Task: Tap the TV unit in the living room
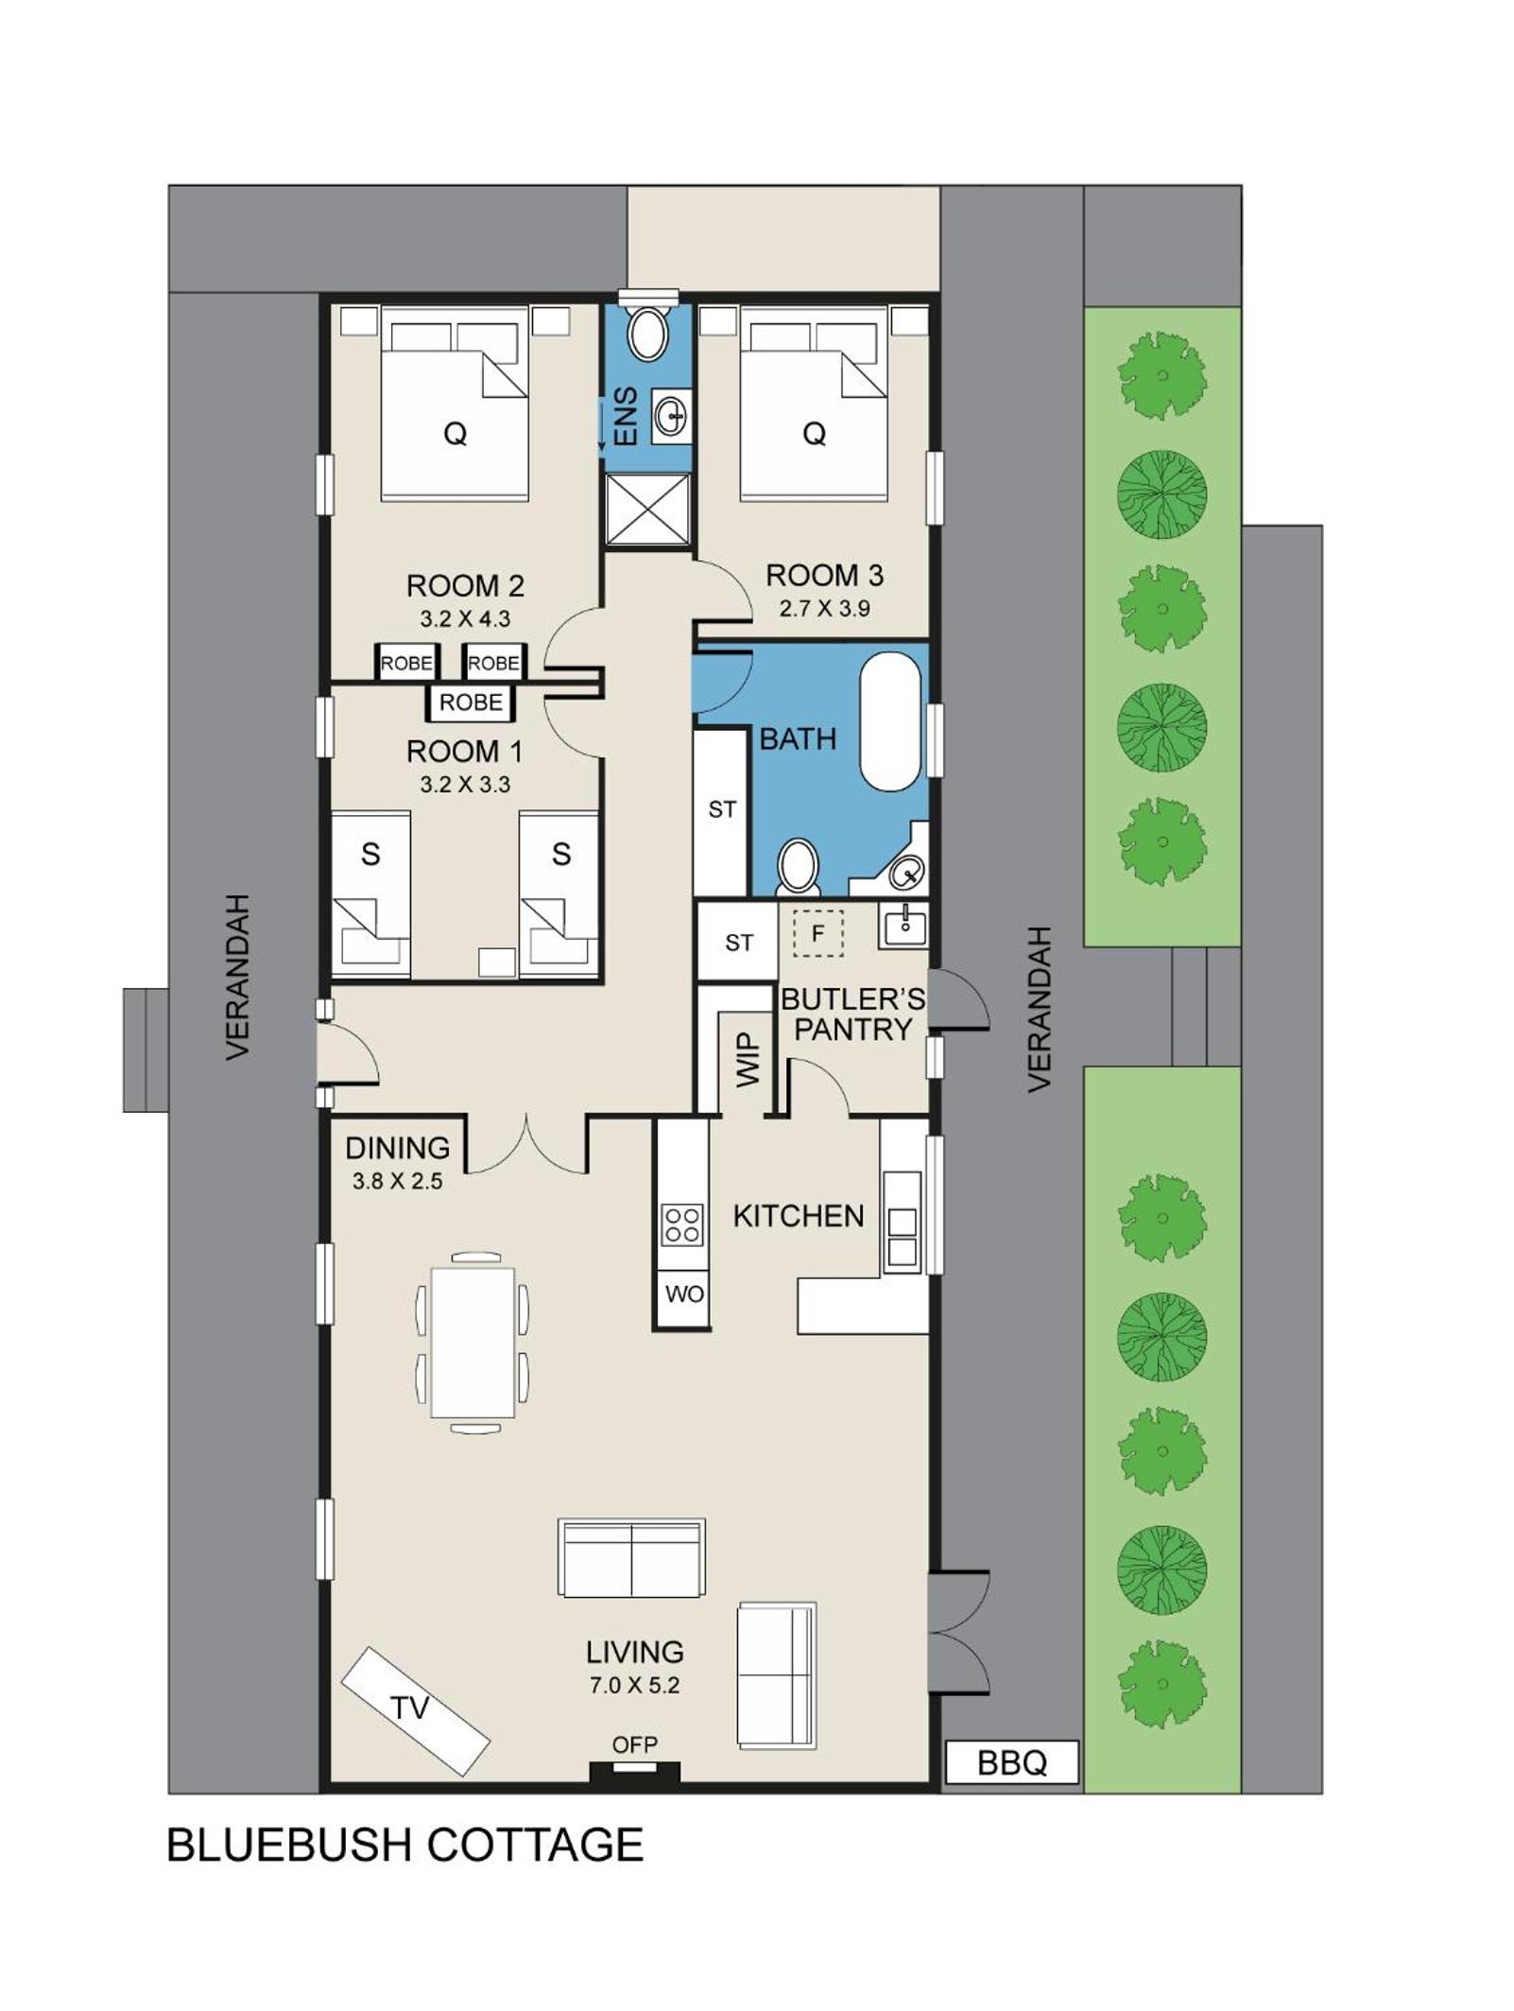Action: pos(415,1710)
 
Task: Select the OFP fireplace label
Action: pos(634,1744)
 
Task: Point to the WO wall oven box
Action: pos(683,1293)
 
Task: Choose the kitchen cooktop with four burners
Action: pos(682,1224)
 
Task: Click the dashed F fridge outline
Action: pos(818,933)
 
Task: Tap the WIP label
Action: pos(748,1059)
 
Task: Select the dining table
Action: pos(472,1343)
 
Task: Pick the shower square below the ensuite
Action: pos(647,510)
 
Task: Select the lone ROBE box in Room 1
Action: pos(471,702)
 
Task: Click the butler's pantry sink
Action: pos(903,925)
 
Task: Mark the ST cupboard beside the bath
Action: pos(721,811)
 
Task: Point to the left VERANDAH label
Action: pos(237,976)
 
